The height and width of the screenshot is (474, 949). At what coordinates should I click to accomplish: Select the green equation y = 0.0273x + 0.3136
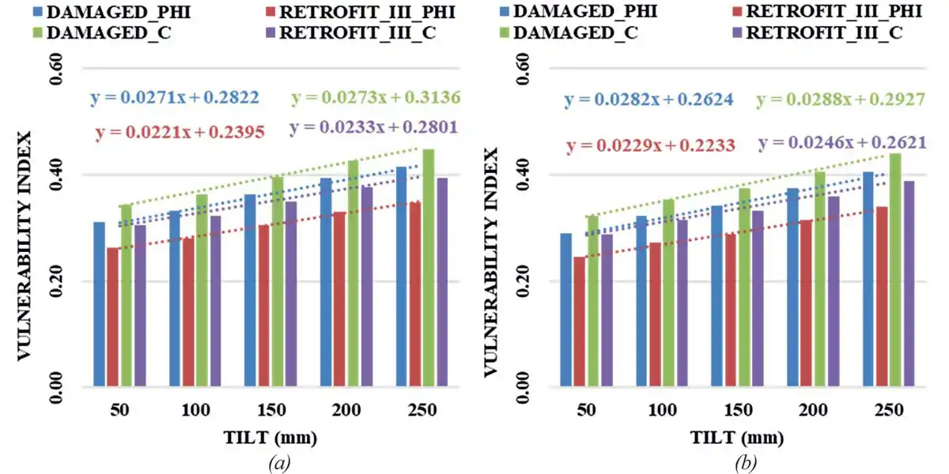click(376, 98)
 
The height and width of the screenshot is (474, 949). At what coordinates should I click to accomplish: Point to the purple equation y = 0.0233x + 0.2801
click(374, 126)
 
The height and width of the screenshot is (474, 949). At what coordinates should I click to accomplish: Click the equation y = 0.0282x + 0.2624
click(648, 100)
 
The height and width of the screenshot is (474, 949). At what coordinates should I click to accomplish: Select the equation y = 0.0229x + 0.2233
click(651, 145)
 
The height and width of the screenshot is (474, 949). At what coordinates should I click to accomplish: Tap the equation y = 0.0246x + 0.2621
click(841, 143)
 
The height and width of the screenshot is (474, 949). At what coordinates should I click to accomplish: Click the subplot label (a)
click(278, 461)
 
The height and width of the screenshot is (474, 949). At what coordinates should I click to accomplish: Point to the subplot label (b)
click(745, 461)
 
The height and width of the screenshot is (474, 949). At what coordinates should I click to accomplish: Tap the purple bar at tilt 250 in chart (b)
click(909, 284)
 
